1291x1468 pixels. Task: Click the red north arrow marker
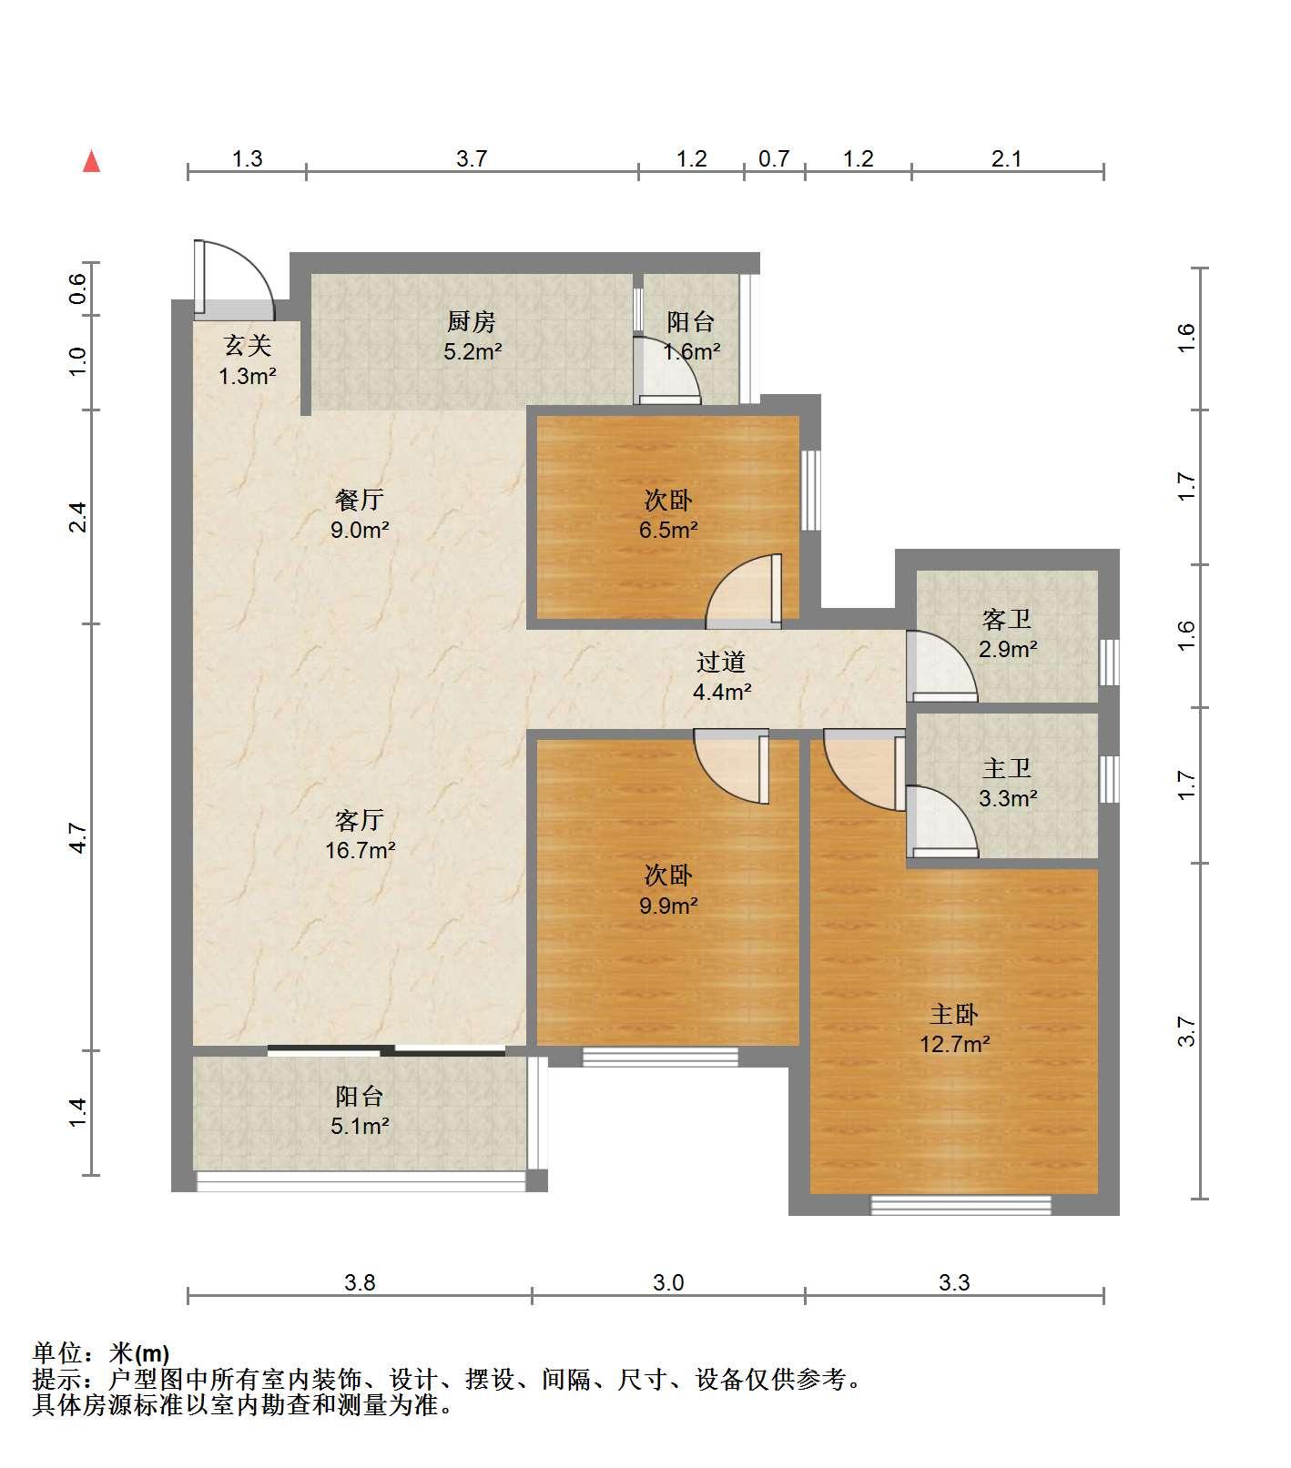click(91, 161)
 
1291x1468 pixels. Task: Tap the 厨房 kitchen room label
click(472, 321)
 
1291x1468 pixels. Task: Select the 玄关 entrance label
click(248, 345)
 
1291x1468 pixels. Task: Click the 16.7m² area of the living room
click(361, 851)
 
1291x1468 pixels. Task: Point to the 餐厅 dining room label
click(360, 499)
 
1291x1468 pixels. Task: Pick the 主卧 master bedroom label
click(954, 1013)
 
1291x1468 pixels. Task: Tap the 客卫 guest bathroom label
click(1007, 620)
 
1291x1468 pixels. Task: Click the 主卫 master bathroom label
click(1007, 769)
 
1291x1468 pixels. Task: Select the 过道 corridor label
click(721, 662)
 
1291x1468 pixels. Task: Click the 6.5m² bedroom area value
click(668, 530)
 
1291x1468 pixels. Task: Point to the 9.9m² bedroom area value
click(668, 906)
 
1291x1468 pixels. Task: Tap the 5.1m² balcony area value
click(360, 1126)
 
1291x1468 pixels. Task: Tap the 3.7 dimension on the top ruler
click(472, 159)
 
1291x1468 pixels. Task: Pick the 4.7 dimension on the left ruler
click(77, 837)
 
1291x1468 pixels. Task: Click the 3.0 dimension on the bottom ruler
click(668, 1283)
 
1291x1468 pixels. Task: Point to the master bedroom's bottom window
click(961, 1205)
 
